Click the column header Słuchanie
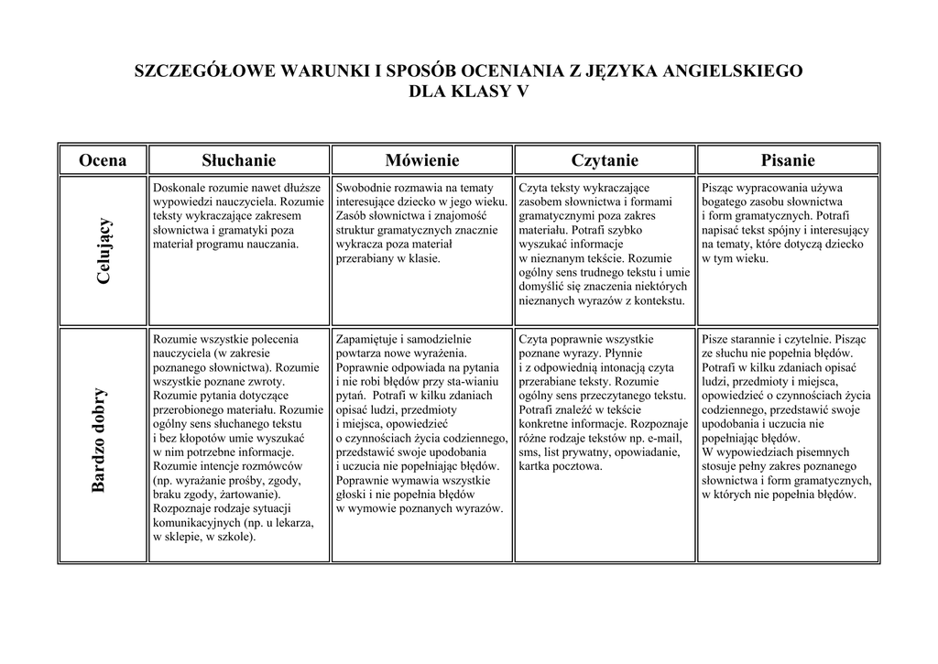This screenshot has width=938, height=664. [238, 160]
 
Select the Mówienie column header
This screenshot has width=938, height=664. [422, 160]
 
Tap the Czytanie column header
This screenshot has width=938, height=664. [605, 160]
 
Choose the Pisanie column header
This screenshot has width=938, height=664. [788, 160]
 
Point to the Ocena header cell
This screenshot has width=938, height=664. [103, 160]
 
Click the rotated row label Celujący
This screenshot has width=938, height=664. [104, 250]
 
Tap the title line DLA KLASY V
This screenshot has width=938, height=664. [468, 92]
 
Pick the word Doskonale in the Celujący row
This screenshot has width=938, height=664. [180, 187]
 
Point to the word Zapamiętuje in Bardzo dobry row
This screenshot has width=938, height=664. [367, 339]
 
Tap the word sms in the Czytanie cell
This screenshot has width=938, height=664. [529, 452]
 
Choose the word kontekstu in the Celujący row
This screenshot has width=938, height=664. [656, 300]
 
